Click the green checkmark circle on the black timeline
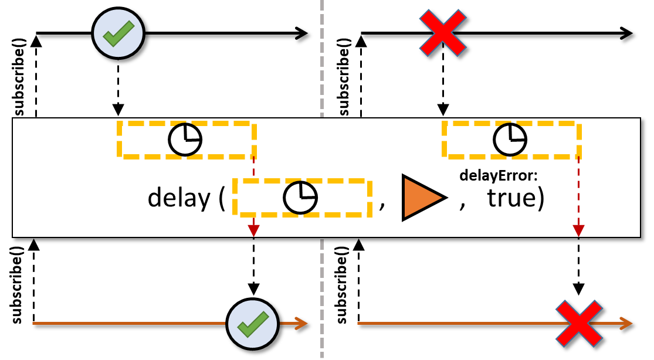pos(118,33)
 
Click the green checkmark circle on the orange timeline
pos(252,324)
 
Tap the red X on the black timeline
pos(442,33)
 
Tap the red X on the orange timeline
pos(579,324)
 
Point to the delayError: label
pos(499,175)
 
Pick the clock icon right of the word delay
pos(300,198)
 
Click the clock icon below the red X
pos(510,140)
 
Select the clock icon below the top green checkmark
pos(185,140)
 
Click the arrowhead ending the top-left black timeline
pos(301,33)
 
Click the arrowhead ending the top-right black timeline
pos(626,33)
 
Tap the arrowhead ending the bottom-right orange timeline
pos(626,323)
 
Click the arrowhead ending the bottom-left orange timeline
pos(301,323)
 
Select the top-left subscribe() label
pos(19,77)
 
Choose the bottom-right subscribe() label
pos(341,285)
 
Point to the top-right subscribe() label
pos(344,77)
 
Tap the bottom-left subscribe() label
pos(16,285)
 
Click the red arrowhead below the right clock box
pos(578,230)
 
